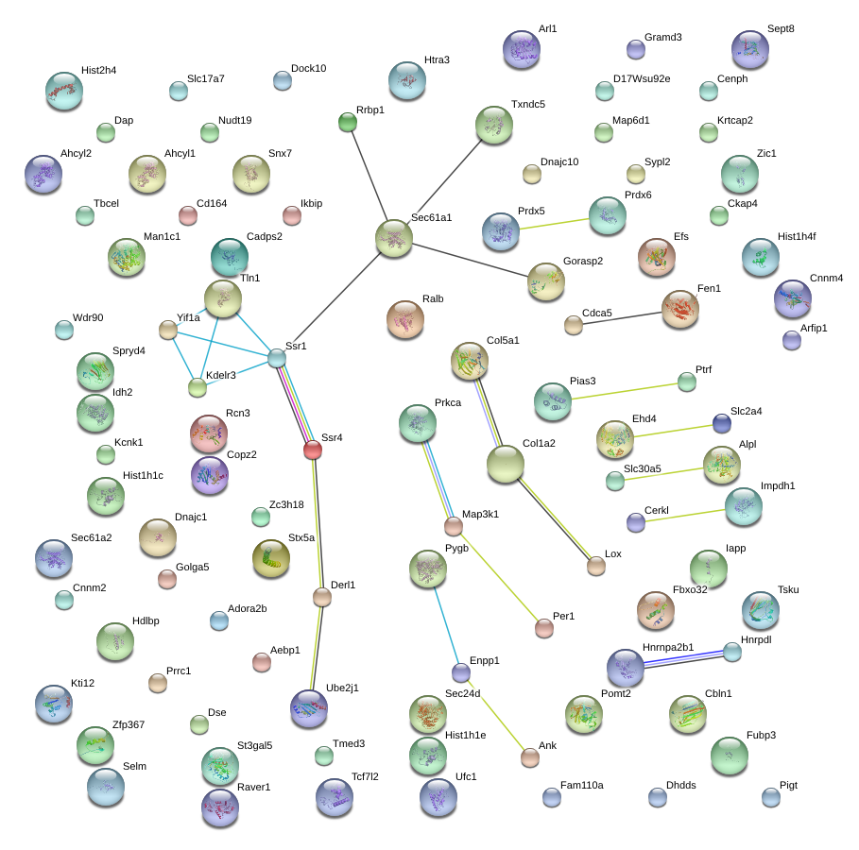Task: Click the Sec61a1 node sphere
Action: [x=393, y=238]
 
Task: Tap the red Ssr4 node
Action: [x=312, y=450]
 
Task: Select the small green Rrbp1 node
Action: [x=348, y=122]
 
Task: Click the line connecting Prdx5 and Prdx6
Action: [x=555, y=224]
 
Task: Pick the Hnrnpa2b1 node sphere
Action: [x=625, y=668]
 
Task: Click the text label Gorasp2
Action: [x=583, y=262]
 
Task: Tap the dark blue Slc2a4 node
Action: [x=721, y=423]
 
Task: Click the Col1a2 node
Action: [x=506, y=464]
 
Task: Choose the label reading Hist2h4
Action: [x=98, y=70]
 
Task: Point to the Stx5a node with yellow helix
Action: [x=270, y=558]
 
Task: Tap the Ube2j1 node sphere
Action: [x=309, y=708]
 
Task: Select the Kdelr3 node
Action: [x=198, y=388]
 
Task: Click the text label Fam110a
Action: [x=582, y=786]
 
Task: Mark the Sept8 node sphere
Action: [x=750, y=49]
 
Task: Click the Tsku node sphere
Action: [x=761, y=610]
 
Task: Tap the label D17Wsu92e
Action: [x=642, y=79]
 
